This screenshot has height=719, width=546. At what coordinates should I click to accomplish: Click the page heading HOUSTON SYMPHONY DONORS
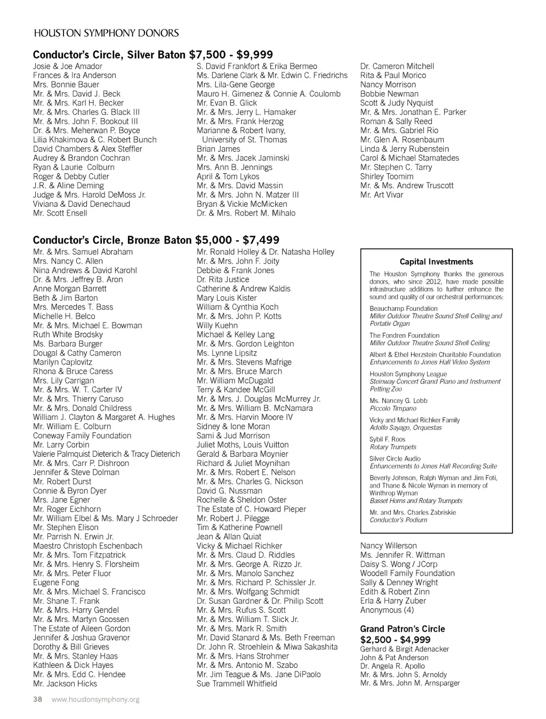pyautogui.click(x=106, y=33)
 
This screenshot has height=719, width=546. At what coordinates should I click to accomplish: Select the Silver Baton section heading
pyautogui.click(x=152, y=54)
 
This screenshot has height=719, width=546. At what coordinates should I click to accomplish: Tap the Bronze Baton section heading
pyautogui.click(x=156, y=240)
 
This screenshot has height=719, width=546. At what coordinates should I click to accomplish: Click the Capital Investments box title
pyautogui.click(x=436, y=262)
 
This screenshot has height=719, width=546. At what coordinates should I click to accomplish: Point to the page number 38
pyautogui.click(x=37, y=699)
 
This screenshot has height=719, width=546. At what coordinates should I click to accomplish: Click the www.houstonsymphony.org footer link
pyautogui.click(x=95, y=699)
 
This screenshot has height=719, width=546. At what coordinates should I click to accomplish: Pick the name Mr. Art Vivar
pyautogui.click(x=382, y=195)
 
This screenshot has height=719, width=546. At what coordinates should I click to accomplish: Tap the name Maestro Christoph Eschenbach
pyautogui.click(x=87, y=546)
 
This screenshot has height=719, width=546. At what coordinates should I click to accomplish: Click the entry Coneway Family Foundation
pyautogui.click(x=82, y=435)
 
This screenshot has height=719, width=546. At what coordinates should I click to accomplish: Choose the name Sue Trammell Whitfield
pyautogui.click(x=237, y=683)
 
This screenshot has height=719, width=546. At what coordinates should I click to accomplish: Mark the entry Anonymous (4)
pyautogui.click(x=387, y=610)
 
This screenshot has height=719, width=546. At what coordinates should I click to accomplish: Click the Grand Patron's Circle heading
pyautogui.click(x=402, y=629)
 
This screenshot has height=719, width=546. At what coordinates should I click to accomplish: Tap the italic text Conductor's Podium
pyautogui.click(x=398, y=520)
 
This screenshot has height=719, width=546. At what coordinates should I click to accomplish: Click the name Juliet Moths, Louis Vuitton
pyautogui.click(x=243, y=445)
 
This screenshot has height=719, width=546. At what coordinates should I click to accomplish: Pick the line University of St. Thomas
pyautogui.click(x=244, y=140)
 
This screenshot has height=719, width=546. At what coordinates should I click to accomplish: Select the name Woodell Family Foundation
pyautogui.click(x=407, y=573)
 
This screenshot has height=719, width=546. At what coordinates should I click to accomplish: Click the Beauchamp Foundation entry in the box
pyautogui.click(x=403, y=309)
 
